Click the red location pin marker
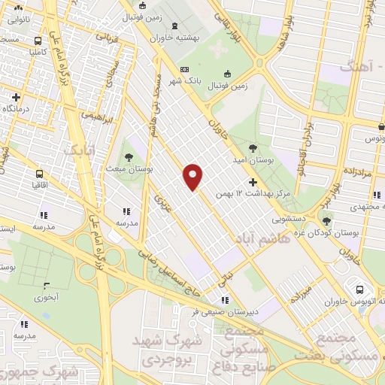[193, 176]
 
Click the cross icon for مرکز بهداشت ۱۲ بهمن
[253, 182]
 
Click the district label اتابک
[78, 150]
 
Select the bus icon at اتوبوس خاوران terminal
[359, 290]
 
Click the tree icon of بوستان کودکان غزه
[326, 221]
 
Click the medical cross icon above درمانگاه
[15, 96]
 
